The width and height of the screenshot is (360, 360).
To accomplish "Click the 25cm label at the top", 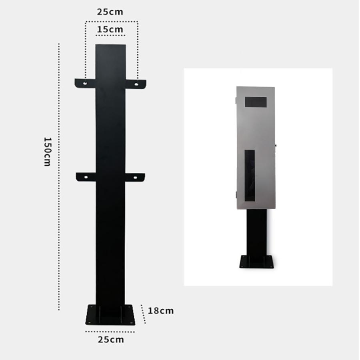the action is (x=110, y=12).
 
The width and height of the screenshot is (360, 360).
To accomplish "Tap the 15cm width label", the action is (x=110, y=29).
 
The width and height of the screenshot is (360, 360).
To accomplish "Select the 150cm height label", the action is (x=48, y=152).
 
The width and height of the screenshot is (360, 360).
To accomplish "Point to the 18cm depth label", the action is (x=161, y=311).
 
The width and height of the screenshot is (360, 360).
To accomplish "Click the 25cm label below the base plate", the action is (x=111, y=340).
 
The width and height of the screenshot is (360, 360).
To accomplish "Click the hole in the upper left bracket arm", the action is (x=85, y=83).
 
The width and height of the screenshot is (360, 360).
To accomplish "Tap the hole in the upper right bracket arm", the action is (x=136, y=84).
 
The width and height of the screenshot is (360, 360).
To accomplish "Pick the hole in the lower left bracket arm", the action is (x=86, y=177).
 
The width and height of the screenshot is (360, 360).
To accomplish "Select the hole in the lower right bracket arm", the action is (x=135, y=178).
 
